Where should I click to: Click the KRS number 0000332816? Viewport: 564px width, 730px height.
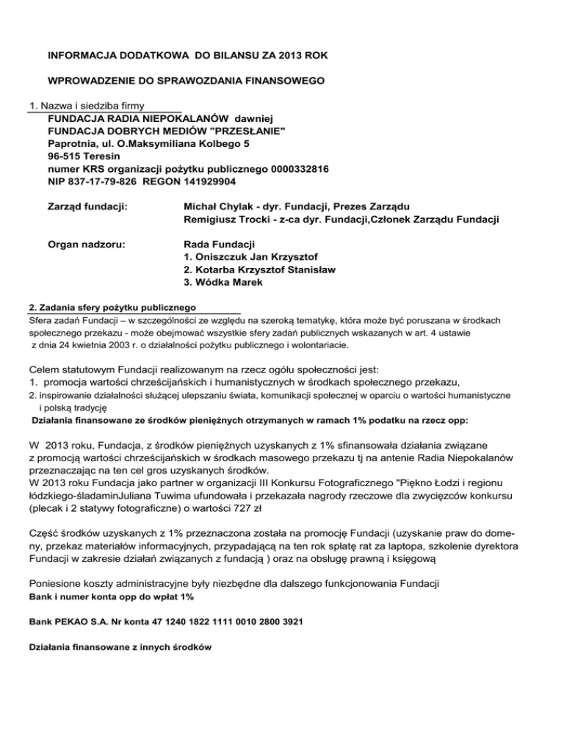point(300,168)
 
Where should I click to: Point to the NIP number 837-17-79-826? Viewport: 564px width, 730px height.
point(105,181)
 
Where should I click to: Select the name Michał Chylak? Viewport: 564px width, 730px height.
point(217,206)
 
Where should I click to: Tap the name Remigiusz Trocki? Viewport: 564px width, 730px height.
point(228,219)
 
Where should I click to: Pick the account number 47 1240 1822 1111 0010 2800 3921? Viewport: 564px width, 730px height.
point(228,621)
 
